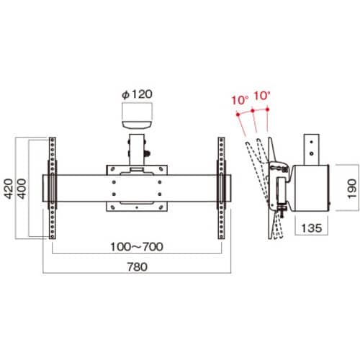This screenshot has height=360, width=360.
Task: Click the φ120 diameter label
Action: pos(137,94)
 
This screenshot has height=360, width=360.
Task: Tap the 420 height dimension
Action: pos(9,189)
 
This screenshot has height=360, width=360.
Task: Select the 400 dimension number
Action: pos(22,189)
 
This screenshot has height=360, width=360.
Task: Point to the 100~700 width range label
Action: pos(137,247)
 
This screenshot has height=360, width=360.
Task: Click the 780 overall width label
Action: pos(137,267)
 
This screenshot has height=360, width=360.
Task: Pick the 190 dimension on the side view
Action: pos(352,189)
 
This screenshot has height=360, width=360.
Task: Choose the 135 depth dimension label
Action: pos(311,228)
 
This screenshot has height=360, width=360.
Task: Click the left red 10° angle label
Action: pos(240,100)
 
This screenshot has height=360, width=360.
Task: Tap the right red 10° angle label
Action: pos(262,96)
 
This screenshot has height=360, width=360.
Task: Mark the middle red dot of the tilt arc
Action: pos(253,110)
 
